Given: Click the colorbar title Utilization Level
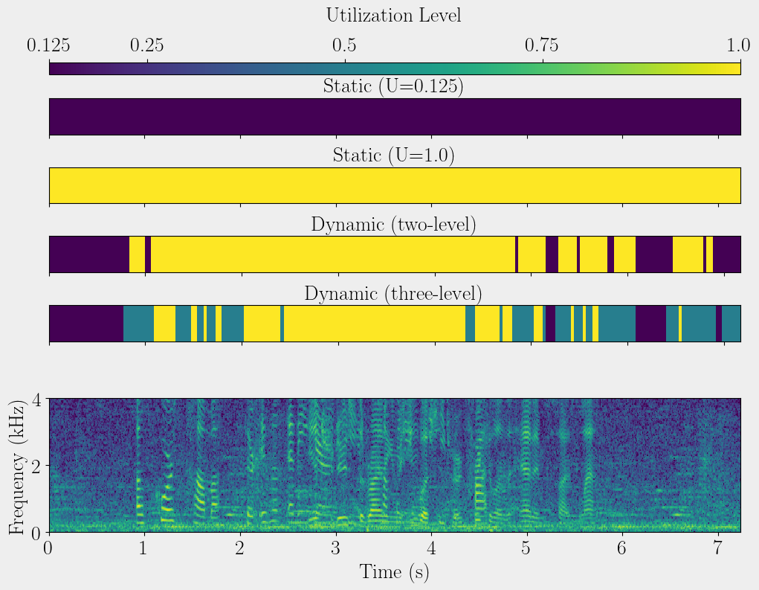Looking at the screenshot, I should (393, 15).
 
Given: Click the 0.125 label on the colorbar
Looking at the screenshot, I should (49, 46).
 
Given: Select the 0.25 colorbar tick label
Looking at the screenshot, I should (147, 46).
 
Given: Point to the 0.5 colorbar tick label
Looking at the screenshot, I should (344, 46).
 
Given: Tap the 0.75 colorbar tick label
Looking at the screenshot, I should (542, 46).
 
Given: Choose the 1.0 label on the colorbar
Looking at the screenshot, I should (739, 46).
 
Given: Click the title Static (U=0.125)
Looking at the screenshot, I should (393, 86).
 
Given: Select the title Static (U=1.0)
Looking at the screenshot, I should (393, 155).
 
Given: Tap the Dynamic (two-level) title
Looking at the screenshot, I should (393, 224).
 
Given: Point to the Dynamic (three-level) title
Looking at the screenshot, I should (393, 293).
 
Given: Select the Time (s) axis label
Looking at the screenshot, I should (394, 571).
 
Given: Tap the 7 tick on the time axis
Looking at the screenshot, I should (718, 549).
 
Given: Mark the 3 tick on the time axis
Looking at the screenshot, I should (337, 549).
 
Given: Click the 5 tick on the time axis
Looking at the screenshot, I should (527, 549).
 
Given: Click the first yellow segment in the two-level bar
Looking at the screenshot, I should (137, 254).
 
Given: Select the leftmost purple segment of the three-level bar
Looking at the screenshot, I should (85, 323).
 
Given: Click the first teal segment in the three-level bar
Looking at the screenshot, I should (138, 323).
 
